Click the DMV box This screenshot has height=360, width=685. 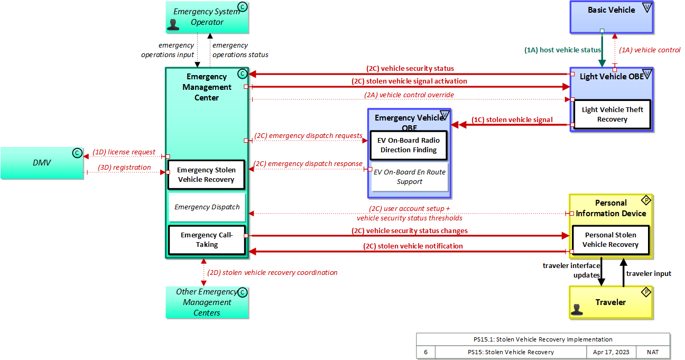point(42,163)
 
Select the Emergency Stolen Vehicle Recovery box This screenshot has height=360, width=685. point(206,174)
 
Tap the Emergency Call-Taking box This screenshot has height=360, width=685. point(207,239)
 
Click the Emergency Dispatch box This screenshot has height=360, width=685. point(207,207)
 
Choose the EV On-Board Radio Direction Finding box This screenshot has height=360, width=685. point(409,145)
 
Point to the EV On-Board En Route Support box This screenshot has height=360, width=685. point(410,177)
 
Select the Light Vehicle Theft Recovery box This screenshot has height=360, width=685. point(612,114)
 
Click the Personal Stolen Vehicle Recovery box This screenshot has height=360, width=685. point(610,239)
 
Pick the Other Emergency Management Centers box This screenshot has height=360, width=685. point(207,302)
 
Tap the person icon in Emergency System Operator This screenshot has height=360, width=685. point(173,24)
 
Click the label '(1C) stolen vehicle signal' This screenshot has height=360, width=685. point(512,120)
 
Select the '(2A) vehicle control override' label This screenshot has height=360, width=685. point(409,95)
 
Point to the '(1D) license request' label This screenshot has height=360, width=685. point(124,152)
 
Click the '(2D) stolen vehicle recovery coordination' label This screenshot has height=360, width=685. point(272,273)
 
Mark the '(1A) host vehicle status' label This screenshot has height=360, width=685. point(562,50)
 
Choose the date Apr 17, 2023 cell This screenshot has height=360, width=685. point(611,352)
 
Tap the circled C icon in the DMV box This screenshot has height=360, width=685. point(77,153)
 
